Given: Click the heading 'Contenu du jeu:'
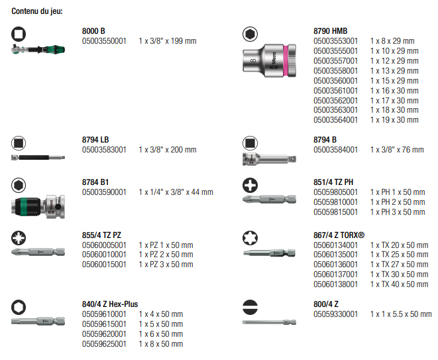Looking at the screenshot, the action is pos(37,11).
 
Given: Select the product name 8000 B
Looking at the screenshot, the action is pos(93,31).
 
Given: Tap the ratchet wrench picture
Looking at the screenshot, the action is pos(38,49).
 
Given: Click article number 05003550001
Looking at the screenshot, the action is pos(104,41).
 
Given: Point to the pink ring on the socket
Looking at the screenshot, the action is pos(286,60).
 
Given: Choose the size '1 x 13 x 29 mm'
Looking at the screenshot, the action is pos(394,71).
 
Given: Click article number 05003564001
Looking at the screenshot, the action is pos(335,120).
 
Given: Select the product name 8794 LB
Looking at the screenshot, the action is pos(95,140).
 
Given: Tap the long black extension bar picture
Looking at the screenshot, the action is pos(38,157).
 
